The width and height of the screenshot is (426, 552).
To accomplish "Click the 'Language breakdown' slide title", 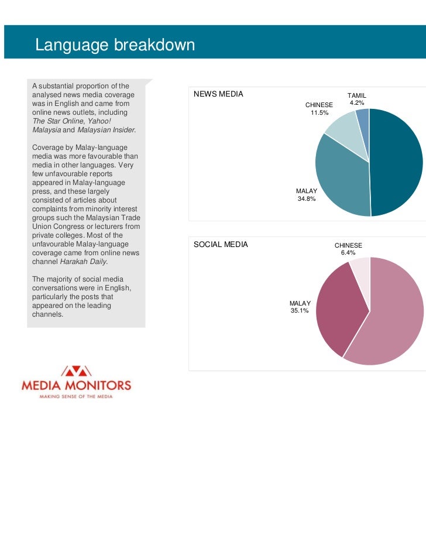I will point(115,44).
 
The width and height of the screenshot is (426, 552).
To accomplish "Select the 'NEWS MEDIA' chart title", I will point(218,94).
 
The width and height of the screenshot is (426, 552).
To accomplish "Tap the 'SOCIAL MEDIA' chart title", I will point(221,244).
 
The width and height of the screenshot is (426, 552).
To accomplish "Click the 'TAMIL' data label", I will point(357,95).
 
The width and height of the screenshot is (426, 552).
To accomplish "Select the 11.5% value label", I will point(319,112).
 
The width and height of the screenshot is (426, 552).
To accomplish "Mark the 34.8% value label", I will point(307,199).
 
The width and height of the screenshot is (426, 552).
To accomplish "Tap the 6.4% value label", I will point(348,253).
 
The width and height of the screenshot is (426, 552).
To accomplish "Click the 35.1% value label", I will point(300,310).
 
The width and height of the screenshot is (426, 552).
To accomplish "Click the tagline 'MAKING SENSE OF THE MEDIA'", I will point(75,397).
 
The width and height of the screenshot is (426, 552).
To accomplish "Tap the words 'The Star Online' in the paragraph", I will point(56,121).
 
